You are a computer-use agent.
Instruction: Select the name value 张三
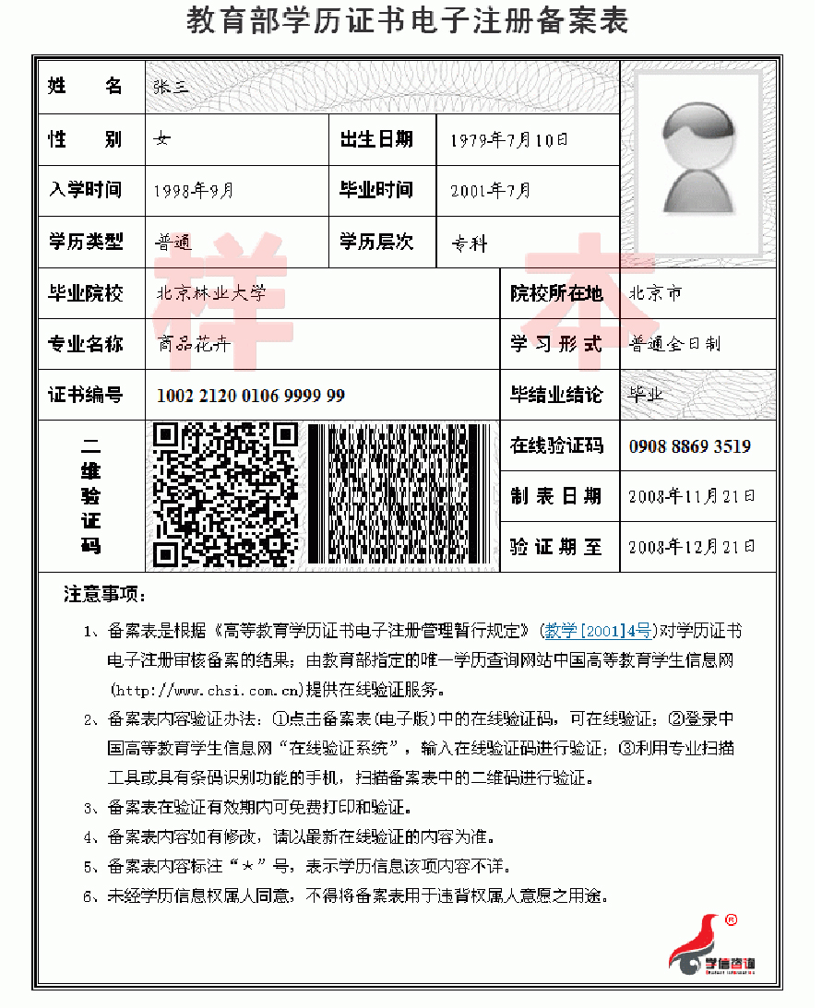pos(172,88)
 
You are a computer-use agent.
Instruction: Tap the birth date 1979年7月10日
pos(508,140)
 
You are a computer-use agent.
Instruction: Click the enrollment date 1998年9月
pos(195,191)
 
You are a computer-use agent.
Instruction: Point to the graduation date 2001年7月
pos(490,191)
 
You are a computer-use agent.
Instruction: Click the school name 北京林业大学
pos(211,293)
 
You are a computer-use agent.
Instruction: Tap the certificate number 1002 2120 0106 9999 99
pos(250,396)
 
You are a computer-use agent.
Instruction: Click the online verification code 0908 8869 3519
pos(689,446)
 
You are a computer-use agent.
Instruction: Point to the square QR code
pos(225,494)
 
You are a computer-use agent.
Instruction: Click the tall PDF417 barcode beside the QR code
pos(398,494)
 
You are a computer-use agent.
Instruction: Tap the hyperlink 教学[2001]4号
pos(600,632)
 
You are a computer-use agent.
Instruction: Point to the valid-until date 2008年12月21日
pos(691,547)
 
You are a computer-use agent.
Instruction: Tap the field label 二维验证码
pos(90,494)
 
